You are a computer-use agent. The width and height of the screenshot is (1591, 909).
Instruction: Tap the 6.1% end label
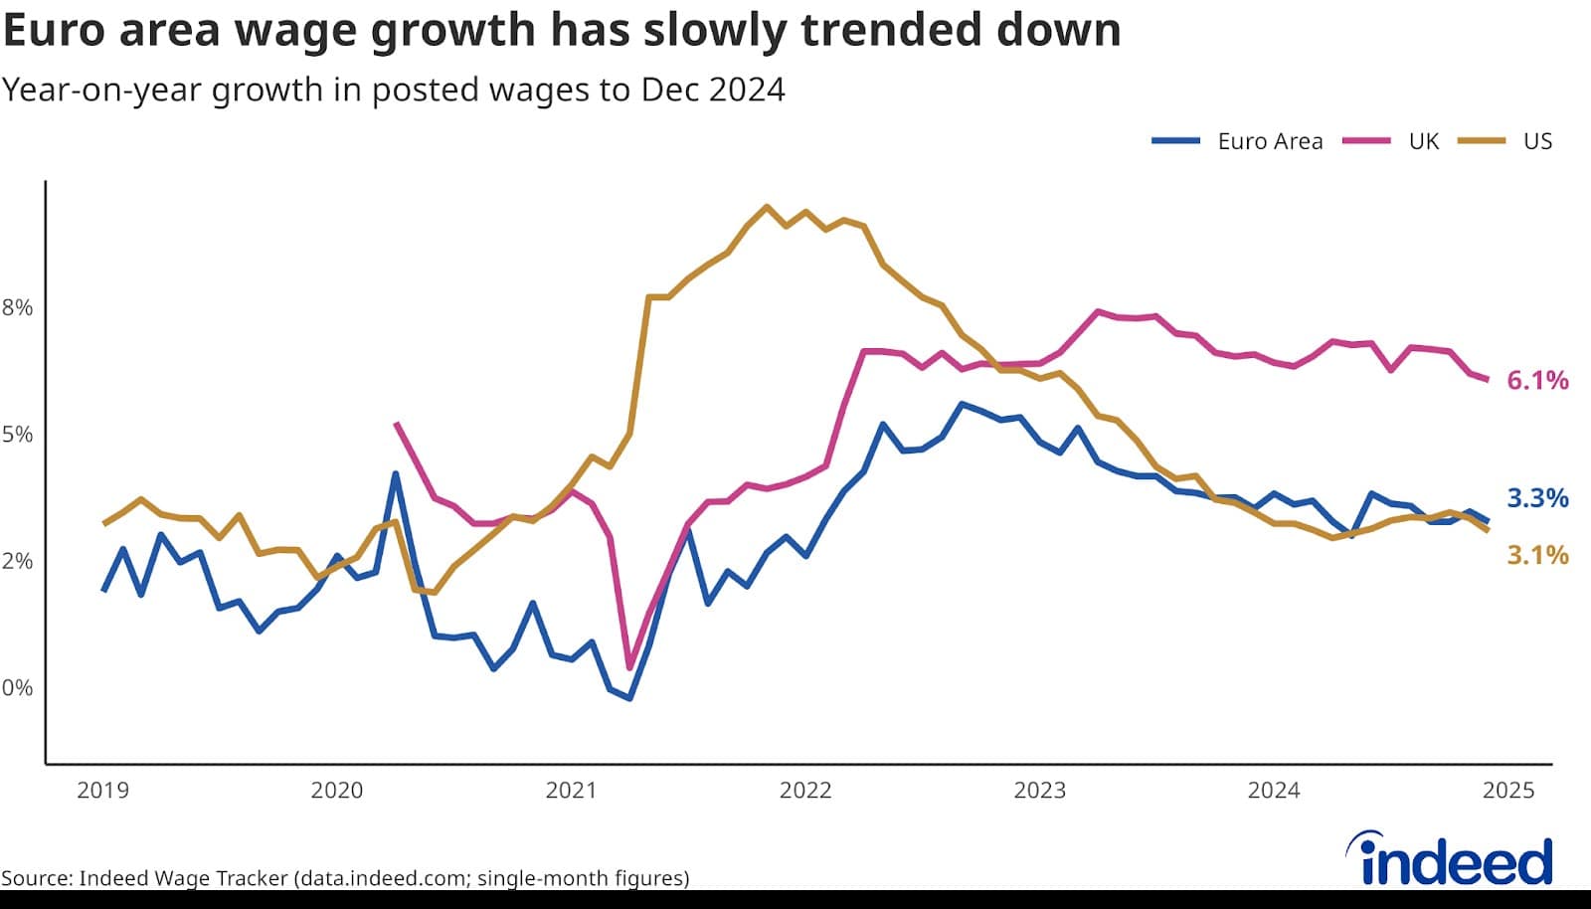[1537, 380]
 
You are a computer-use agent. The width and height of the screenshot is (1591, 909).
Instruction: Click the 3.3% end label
[1537, 498]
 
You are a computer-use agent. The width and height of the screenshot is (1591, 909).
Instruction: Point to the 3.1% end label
[1537, 555]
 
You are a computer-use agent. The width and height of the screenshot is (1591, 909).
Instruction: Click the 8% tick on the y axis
[17, 307]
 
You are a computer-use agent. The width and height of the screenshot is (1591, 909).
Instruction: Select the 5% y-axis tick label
[17, 435]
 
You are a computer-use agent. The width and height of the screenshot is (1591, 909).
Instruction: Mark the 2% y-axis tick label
[17, 561]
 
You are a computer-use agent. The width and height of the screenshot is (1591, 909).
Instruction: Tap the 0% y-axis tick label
[17, 687]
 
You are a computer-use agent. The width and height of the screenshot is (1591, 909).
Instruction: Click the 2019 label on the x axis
[102, 791]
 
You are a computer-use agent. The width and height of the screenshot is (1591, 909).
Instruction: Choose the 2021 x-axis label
[571, 791]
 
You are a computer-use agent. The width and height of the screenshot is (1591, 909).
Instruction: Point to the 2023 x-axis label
[1039, 791]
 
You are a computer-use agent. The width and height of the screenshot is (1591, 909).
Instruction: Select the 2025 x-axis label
[1508, 791]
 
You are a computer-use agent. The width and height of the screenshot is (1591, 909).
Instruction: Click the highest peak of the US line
[766, 207]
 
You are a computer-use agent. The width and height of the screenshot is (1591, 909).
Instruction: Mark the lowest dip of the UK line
[629, 667]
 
